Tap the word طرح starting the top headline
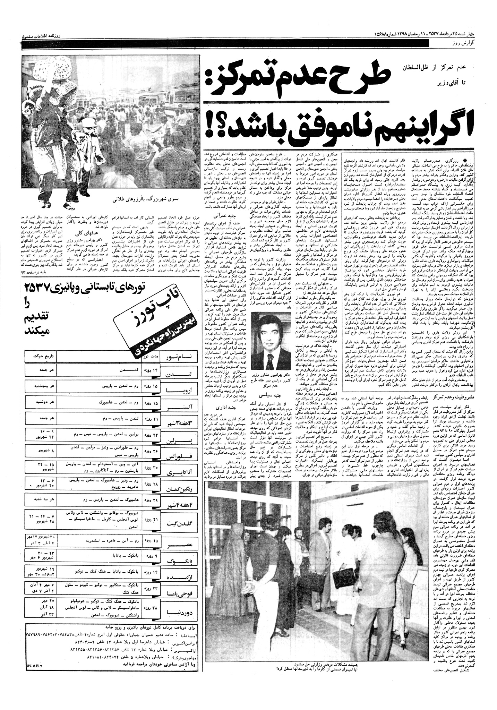click(357, 75)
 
